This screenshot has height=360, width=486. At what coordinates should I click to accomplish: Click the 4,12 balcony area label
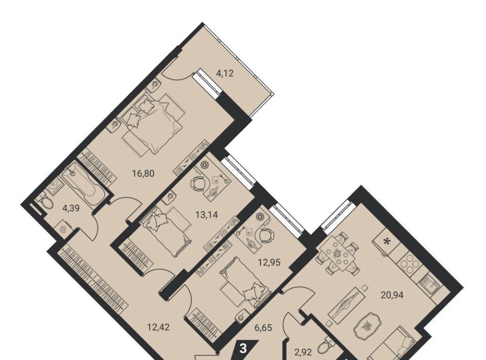pyautogui.click(x=225, y=74)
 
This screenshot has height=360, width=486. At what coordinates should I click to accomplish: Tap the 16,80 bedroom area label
pyautogui.click(x=143, y=173)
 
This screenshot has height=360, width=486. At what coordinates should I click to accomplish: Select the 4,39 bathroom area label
pyautogui.click(x=71, y=208)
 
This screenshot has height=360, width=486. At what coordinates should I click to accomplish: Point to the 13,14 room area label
pyautogui.click(x=206, y=214)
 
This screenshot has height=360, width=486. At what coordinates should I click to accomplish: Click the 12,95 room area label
pyautogui.click(x=269, y=263)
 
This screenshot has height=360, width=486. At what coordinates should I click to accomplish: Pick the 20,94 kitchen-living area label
pyautogui.click(x=392, y=295)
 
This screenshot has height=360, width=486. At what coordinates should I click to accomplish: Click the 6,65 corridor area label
pyautogui.click(x=263, y=327)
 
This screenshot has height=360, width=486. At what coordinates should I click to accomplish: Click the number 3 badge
pyautogui.click(x=244, y=349)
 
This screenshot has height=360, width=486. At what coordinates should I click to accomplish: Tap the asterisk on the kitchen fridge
pyautogui.click(x=386, y=241)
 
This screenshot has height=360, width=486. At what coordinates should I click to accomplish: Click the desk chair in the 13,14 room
pyautogui.click(x=198, y=184)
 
